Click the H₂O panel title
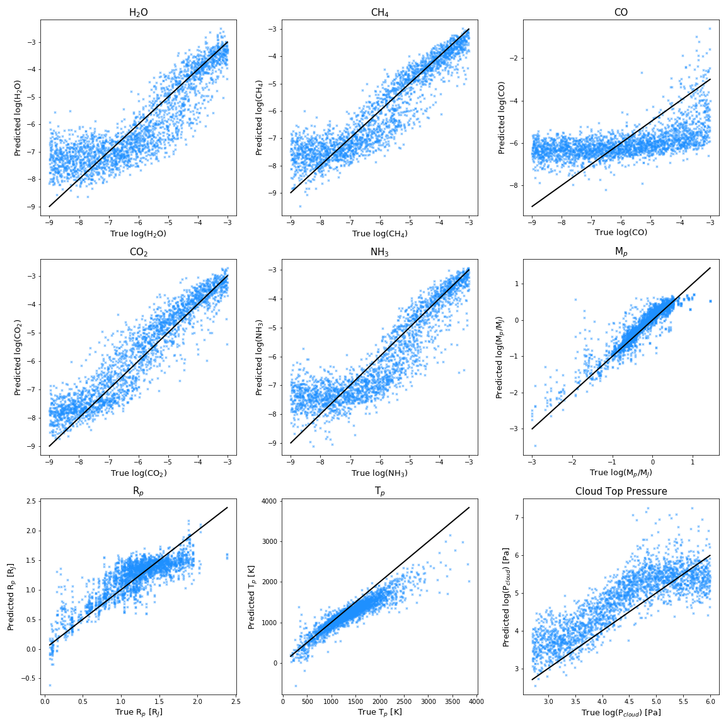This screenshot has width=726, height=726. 139,13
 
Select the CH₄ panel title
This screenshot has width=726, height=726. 379,13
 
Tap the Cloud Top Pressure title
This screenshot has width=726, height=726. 621,492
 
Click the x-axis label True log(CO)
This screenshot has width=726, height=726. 621,233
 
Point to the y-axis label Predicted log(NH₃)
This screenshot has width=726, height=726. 259,357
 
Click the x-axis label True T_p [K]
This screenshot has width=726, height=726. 379,712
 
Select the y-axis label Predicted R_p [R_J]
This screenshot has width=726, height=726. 11,597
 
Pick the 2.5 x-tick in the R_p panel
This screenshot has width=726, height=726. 235,701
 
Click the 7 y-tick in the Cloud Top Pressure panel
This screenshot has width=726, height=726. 516,517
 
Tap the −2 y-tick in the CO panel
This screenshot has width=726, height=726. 514,59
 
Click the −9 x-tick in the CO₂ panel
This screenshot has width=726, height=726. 49,462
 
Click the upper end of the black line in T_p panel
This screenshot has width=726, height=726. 470,507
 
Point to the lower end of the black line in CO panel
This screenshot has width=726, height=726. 532,207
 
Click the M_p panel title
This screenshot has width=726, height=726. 621,252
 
